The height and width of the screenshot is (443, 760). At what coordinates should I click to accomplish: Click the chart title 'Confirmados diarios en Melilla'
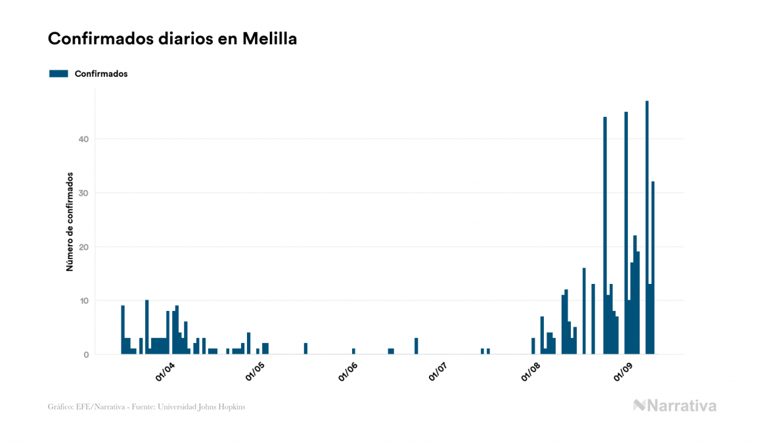pyautogui.click(x=172, y=39)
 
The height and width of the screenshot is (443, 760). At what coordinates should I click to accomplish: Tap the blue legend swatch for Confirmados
pyautogui.click(x=58, y=74)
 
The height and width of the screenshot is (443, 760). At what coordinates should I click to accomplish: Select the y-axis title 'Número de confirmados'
pyautogui.click(x=69, y=221)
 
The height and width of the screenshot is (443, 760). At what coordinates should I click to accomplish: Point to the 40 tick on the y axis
pyautogui.click(x=83, y=139)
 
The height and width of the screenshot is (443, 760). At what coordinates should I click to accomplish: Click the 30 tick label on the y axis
pyautogui.click(x=83, y=193)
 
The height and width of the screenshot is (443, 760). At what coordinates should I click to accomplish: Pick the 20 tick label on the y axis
pyautogui.click(x=83, y=247)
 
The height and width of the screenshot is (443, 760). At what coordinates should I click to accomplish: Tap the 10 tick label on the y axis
pyautogui.click(x=83, y=301)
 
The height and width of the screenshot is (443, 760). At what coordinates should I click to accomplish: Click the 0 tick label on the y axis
pyautogui.click(x=85, y=355)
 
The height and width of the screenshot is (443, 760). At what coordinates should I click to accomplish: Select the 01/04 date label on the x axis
pyautogui.click(x=164, y=372)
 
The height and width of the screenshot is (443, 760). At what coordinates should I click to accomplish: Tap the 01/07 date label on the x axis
pyautogui.click(x=438, y=372)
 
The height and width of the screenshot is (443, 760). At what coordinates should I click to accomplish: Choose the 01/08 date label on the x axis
pyautogui.click(x=531, y=372)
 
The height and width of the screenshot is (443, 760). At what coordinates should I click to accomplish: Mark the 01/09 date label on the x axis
pyautogui.click(x=623, y=372)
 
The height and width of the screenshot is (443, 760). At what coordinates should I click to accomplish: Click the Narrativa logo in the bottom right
pyautogui.click(x=675, y=406)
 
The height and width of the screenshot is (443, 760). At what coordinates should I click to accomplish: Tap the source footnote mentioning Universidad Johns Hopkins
pyautogui.click(x=146, y=407)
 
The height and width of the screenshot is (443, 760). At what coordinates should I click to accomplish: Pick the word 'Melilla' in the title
pyautogui.click(x=269, y=39)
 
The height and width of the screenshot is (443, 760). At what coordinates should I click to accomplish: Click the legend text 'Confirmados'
pyautogui.click(x=101, y=74)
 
